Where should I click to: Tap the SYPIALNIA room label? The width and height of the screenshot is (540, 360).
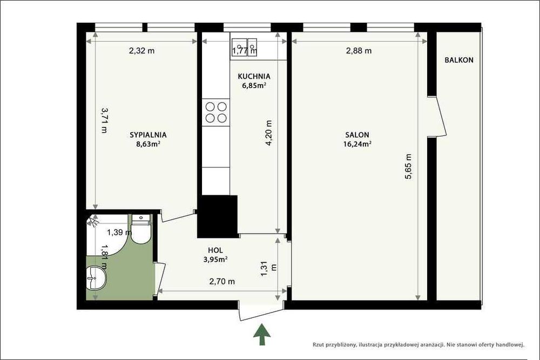click(147, 135)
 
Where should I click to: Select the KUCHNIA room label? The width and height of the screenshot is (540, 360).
click(254, 76)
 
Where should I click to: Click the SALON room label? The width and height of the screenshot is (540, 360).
click(357, 135)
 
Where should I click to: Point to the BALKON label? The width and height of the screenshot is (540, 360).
click(458, 60)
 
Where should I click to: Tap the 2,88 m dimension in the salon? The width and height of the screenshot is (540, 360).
click(359, 51)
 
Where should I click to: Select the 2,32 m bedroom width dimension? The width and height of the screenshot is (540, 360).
click(141, 51)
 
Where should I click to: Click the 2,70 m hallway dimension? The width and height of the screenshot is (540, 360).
click(222, 281)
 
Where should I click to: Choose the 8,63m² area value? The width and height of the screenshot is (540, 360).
click(147, 144)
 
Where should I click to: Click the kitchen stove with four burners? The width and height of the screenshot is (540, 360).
click(215, 112)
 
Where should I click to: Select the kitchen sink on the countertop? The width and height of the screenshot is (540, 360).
click(245, 45)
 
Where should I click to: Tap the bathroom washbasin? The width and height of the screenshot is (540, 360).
click(98, 277)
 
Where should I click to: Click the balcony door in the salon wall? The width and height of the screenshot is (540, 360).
click(440, 119)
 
